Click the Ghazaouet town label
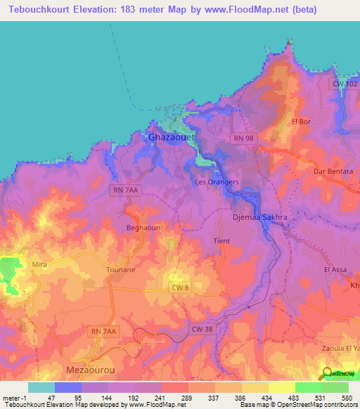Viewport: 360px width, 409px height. tap(172, 138)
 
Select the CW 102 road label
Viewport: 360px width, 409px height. tap(344, 84)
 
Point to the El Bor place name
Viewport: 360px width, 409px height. tap(300, 121)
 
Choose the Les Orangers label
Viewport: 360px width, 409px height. tap(217, 182)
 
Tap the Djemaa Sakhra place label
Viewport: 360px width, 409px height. tap(259, 218)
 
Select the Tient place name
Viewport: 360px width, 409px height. tap(221, 241)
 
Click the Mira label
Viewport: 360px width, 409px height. tap(39, 264)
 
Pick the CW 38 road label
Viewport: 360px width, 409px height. tap(201, 328)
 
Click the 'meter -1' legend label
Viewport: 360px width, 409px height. tap(13, 398)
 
